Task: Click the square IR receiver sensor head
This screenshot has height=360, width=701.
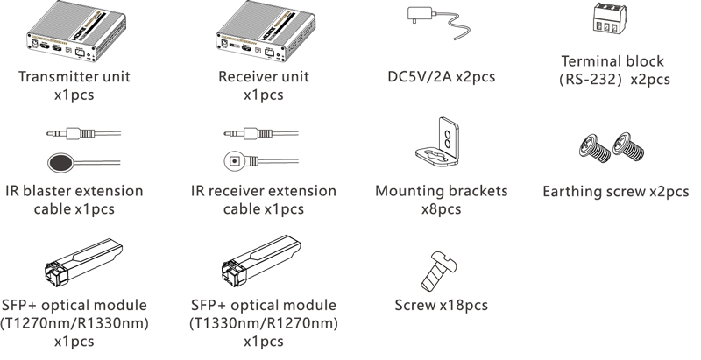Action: pos(234,160)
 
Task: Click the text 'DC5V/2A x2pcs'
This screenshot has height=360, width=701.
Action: pos(441,77)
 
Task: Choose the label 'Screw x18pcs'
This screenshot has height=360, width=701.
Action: pos(442,306)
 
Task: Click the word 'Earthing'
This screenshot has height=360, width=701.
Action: pos(576,191)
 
